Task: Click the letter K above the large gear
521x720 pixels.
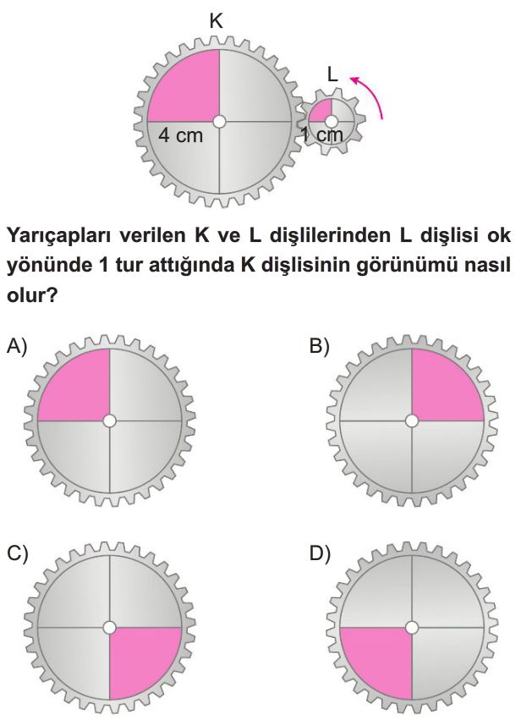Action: [x=217, y=21]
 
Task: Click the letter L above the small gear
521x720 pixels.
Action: [x=332, y=74]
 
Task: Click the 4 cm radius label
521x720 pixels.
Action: [x=180, y=135]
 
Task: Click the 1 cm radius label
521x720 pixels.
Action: [x=321, y=135]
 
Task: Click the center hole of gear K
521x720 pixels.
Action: [x=219, y=122]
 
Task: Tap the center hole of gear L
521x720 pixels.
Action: [x=332, y=122]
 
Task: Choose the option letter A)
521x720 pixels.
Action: [x=17, y=346]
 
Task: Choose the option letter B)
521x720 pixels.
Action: [x=320, y=346]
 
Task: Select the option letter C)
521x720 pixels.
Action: [x=18, y=554]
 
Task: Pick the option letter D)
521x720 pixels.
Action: [x=320, y=554]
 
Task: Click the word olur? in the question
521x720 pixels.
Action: [x=31, y=295]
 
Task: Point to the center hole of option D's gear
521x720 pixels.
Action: [x=412, y=627]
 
